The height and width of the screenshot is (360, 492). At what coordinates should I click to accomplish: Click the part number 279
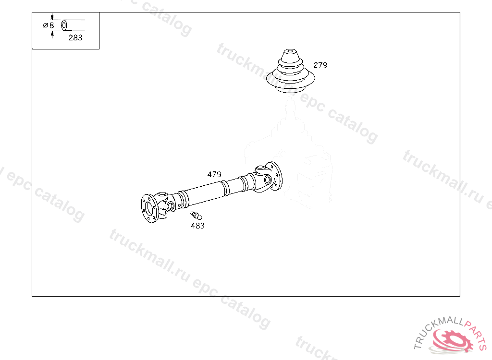click(320, 65)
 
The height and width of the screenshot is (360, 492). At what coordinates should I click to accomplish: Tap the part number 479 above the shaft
click(214, 174)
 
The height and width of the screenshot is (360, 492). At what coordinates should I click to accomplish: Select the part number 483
click(197, 226)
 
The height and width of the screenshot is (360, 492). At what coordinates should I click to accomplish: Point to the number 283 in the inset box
click(75, 37)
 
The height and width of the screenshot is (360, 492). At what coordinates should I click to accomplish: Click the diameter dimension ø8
click(49, 25)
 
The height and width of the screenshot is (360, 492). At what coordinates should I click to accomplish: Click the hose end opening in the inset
click(64, 25)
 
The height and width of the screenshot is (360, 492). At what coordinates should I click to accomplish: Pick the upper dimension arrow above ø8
click(52, 17)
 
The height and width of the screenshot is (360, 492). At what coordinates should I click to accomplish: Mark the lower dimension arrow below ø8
click(52, 35)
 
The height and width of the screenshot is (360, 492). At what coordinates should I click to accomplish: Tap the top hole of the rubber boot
click(290, 51)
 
